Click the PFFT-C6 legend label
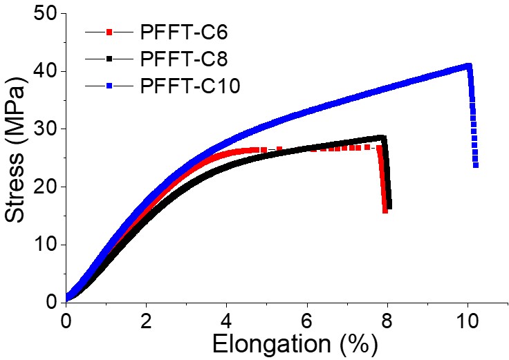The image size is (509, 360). [184, 32]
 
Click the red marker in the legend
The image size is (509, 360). [109, 32]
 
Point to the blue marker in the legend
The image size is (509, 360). [109, 86]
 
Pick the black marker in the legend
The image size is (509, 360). [109, 59]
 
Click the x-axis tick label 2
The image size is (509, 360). [146, 321]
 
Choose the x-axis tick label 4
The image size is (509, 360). [227, 321]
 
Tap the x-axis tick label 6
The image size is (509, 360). [307, 321]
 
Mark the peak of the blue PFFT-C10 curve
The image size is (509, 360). [469, 66]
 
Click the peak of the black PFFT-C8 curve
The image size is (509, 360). [382, 137]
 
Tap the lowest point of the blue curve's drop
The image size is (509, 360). [476, 165]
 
